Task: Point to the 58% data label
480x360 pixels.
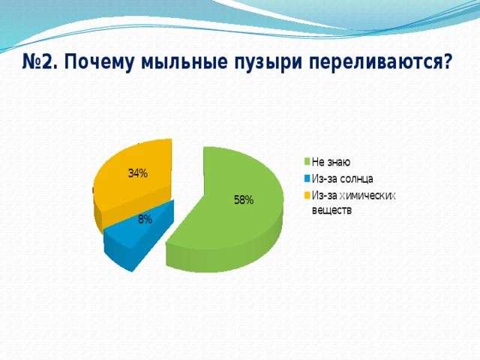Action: [x=244, y=200]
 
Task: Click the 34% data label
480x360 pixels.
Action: [x=138, y=173]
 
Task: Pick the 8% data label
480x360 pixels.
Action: [x=145, y=219]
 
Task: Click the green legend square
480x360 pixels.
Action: [x=307, y=162]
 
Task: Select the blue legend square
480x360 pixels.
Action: [x=307, y=178]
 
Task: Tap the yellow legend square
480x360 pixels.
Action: [x=307, y=195]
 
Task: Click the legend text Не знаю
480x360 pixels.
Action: [x=331, y=162]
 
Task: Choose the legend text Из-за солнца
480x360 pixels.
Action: [x=342, y=178]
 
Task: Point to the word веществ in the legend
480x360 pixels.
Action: [x=331, y=211]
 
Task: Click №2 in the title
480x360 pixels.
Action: [x=39, y=62]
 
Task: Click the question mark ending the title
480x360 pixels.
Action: [x=447, y=61]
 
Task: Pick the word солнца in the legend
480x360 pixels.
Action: [x=356, y=179]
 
